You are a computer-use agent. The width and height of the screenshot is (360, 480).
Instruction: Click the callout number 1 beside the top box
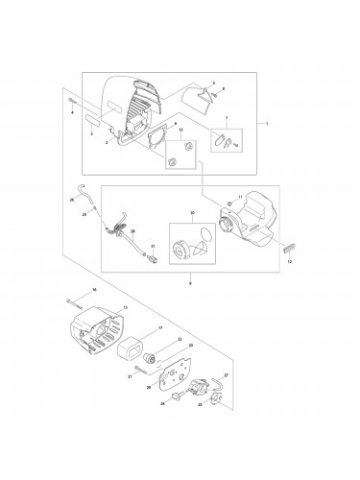267,124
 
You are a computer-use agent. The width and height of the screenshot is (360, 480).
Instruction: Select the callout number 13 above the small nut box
180,128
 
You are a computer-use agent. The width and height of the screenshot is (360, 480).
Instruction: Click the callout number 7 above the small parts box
227,118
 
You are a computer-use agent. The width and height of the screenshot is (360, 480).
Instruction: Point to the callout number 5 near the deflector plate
213,84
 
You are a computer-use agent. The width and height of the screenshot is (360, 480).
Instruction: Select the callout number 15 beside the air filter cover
125,308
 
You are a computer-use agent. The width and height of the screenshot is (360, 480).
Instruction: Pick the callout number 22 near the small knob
180,340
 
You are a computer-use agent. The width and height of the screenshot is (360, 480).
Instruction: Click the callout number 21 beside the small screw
130,376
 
